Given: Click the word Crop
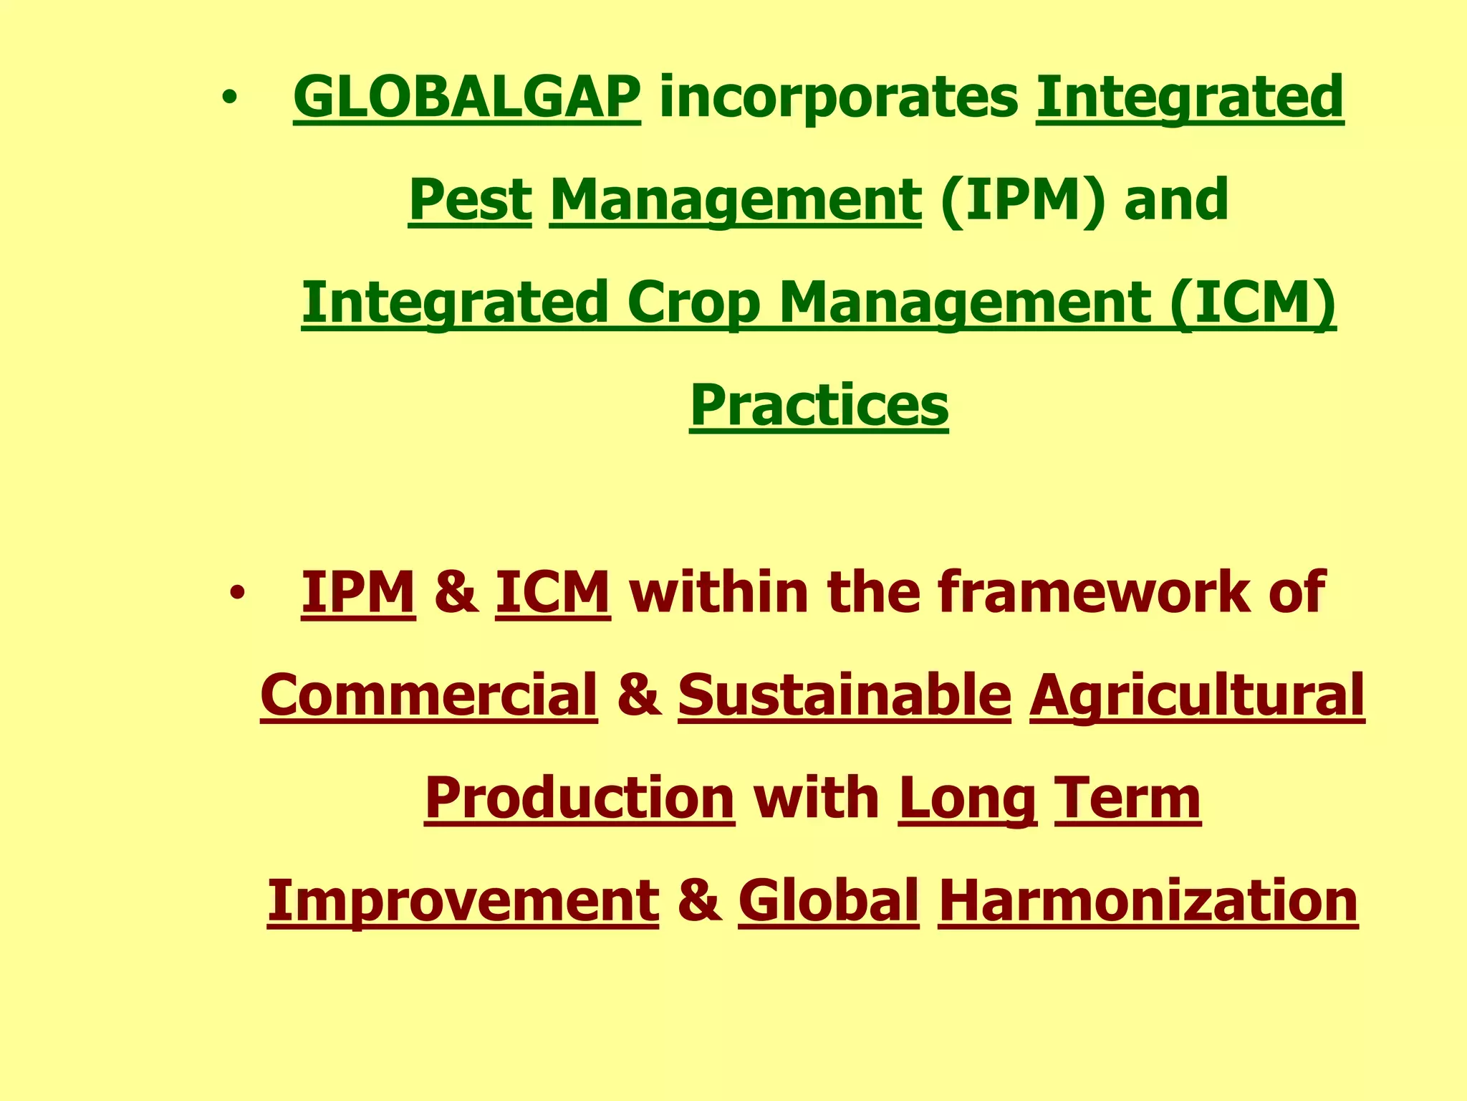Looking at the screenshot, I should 693,302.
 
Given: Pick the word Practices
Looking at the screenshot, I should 819,405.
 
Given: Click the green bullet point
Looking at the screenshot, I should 229,98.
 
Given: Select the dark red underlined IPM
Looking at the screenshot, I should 358,592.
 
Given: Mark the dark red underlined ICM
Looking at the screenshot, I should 552,592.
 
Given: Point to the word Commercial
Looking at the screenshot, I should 428,695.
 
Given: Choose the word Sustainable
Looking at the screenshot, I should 845,695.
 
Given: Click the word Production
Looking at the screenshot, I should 579,799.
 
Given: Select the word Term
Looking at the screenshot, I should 1127,799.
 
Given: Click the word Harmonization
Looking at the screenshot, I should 1148,901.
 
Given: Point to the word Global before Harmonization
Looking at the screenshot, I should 828,901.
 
